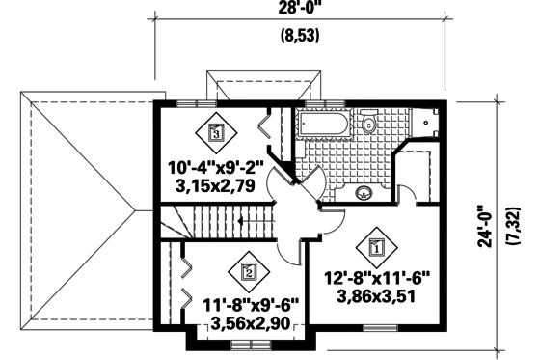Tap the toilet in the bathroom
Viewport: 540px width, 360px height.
(x=368, y=124)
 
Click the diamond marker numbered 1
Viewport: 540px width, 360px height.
(x=375, y=246)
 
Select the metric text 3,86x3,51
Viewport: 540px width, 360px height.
(x=380, y=296)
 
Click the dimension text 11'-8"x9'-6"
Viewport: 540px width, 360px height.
(x=251, y=305)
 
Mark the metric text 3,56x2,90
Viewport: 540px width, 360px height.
(x=251, y=323)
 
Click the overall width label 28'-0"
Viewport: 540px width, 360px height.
(x=301, y=9)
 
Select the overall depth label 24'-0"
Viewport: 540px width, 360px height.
(x=488, y=225)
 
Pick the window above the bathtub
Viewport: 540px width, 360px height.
(x=328, y=101)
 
